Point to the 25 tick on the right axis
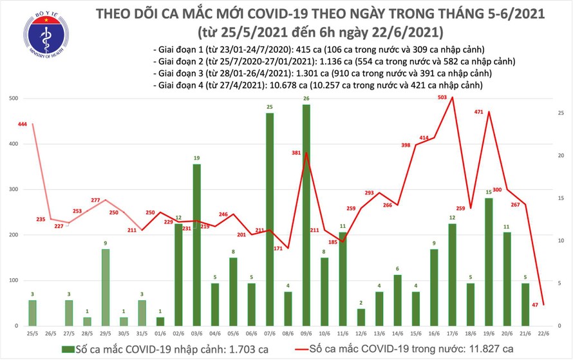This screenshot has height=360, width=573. coord(561,113)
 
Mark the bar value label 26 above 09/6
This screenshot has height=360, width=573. coord(306,99)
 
